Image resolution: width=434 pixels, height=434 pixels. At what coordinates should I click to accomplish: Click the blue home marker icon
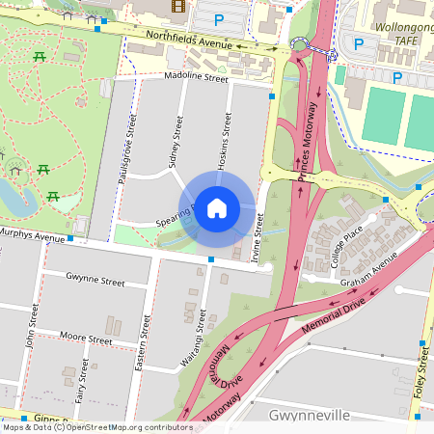pos(217,207)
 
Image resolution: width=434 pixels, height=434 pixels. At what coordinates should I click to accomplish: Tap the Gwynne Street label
pos(95,283)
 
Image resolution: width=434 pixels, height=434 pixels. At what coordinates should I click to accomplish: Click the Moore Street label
pos(86,339)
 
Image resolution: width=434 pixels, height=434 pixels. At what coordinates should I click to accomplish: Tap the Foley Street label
pos(423,381)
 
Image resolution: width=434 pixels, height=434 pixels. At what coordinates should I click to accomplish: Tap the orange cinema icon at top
pos(177,6)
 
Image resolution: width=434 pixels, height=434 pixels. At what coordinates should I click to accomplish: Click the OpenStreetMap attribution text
pos(96,427)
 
